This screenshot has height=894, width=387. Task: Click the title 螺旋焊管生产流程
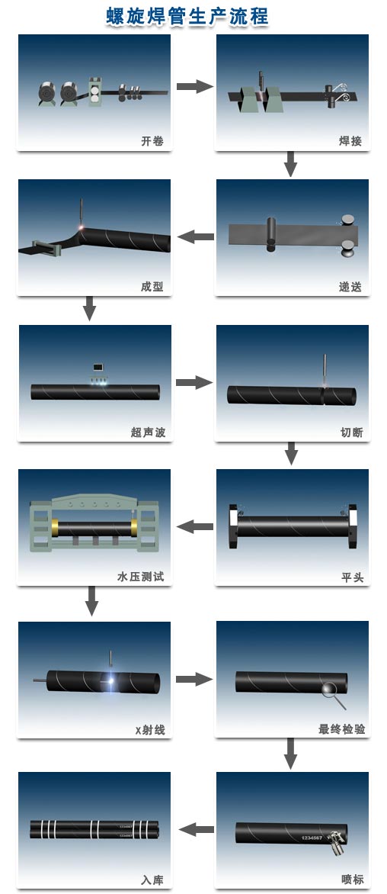(187, 15)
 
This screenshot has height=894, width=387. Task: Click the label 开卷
(152, 141)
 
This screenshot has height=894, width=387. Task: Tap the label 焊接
(350, 141)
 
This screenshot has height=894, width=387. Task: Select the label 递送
(350, 287)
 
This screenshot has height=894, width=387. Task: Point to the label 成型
(152, 287)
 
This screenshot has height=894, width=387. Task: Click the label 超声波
(148, 433)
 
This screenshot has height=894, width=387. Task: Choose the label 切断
(350, 433)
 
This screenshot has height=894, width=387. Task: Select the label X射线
(150, 730)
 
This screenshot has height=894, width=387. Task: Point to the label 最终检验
(342, 729)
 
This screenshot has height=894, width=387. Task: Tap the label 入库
(152, 880)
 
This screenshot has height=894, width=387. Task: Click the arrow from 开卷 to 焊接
(194, 86)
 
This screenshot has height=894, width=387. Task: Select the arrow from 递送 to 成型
(195, 236)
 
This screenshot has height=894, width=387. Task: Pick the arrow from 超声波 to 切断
(193, 382)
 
